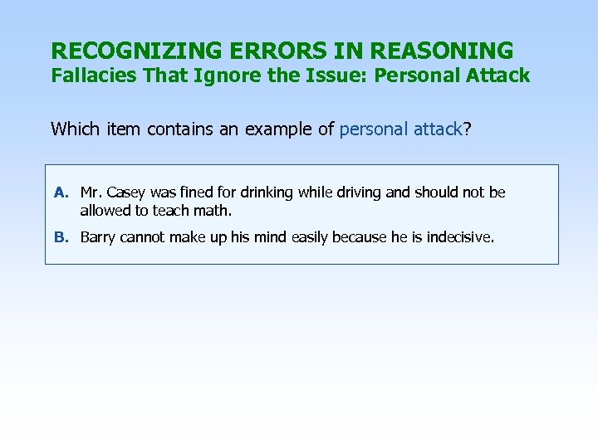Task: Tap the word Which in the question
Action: click(x=73, y=129)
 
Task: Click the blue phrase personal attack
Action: click(x=401, y=129)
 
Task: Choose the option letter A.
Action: click(x=61, y=192)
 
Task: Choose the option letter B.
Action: click(x=61, y=237)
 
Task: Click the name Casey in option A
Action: click(x=125, y=192)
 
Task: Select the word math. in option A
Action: click(x=212, y=210)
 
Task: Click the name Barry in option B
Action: click(x=98, y=237)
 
